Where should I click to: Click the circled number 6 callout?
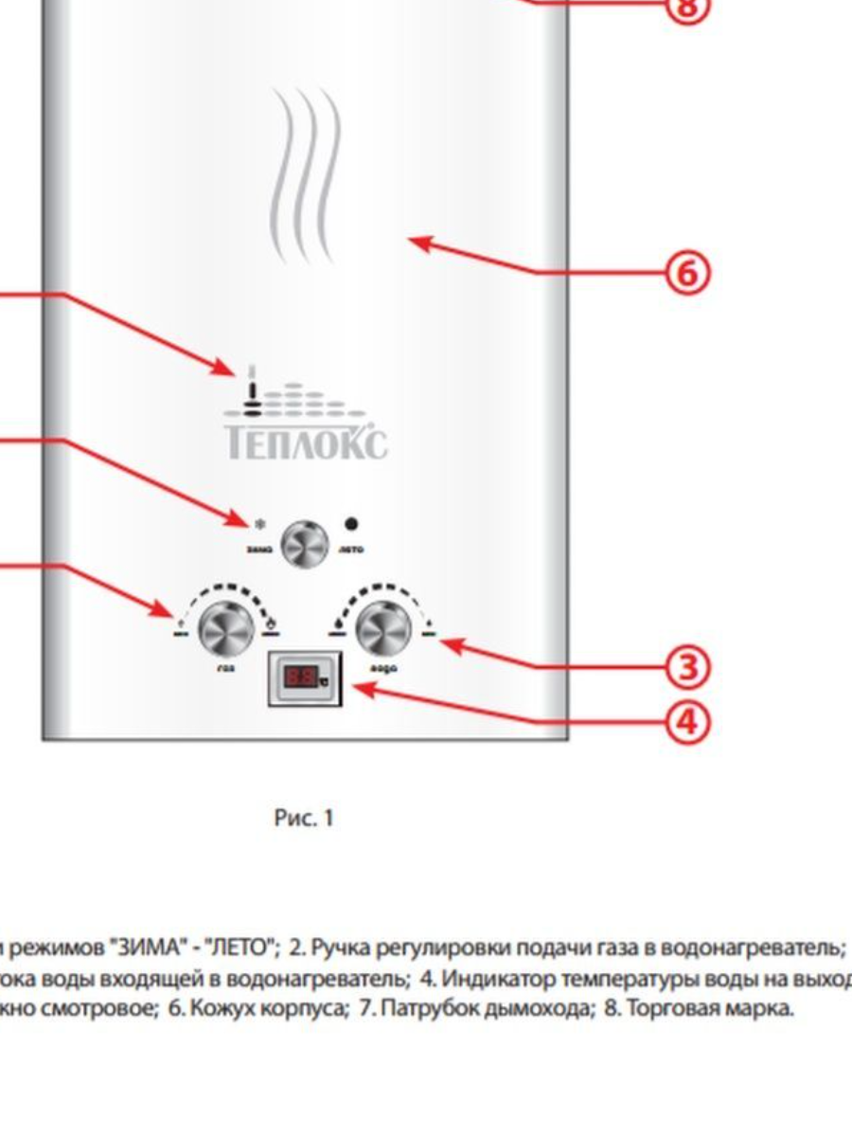688,274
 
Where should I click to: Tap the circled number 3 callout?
688,669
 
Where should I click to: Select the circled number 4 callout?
688,722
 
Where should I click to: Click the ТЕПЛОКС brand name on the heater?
305,442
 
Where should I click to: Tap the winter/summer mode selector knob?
306,544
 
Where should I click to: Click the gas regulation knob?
225,627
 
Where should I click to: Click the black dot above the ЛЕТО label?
352,522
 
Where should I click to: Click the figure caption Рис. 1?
304,818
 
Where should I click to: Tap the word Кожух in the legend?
219,1009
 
